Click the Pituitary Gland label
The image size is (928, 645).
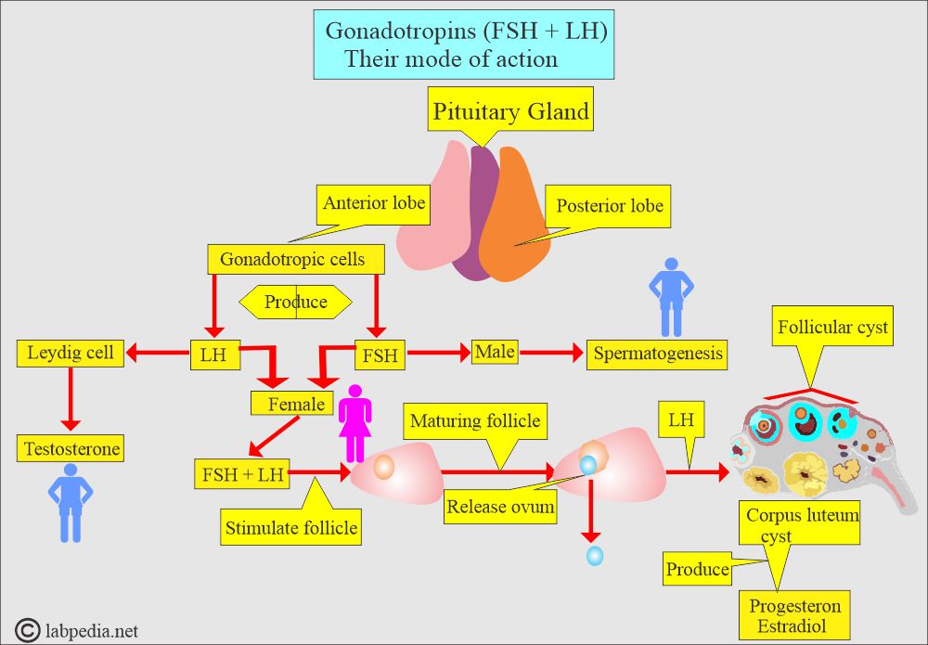(510, 113)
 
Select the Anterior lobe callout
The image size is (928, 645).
(373, 203)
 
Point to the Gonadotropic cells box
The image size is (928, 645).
(291, 259)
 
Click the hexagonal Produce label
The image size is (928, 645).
(296, 302)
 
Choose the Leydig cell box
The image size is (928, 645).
(71, 353)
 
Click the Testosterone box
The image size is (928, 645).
(71, 449)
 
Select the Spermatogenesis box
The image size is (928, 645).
(657, 354)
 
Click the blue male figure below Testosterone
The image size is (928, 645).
(70, 501)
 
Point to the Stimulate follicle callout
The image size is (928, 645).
(291, 529)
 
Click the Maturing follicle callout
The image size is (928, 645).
(473, 421)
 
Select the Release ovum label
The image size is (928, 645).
(500, 507)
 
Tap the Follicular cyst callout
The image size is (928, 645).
(832, 328)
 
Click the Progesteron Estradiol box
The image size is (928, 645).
(796, 615)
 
